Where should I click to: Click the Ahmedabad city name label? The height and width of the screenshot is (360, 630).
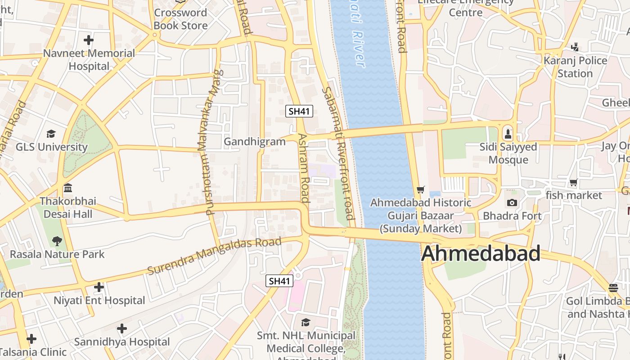pos(481,253)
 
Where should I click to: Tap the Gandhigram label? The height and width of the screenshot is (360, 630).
pos(255,142)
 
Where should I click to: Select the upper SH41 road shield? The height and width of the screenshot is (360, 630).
pos(299,111)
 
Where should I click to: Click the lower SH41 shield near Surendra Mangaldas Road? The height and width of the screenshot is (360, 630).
pos(279,281)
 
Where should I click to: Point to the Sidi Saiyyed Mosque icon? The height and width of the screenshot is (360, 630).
pos(508,134)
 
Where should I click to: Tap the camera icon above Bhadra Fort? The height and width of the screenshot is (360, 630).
pos(512,203)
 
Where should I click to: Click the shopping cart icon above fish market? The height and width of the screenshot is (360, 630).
pos(573,183)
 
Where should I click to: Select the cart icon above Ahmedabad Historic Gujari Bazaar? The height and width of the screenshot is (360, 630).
pos(421,190)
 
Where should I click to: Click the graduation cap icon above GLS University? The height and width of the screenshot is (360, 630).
pos(51,134)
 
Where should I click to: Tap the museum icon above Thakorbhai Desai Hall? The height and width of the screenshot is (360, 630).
pos(68,188)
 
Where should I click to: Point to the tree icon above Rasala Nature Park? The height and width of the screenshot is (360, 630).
pos(57,241)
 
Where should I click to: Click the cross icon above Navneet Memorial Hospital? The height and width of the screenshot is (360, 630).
pos(89,40)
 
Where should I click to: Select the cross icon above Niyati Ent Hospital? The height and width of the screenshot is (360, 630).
pos(99,287)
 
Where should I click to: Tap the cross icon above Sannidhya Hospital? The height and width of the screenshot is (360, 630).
pos(122,328)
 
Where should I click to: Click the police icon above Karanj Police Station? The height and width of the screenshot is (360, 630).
pos(575,47)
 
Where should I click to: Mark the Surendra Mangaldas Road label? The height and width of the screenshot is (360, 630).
pos(215,256)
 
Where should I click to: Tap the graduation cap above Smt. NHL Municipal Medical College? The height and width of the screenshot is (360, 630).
pos(306,322)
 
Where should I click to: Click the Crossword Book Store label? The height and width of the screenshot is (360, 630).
pos(180,19)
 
